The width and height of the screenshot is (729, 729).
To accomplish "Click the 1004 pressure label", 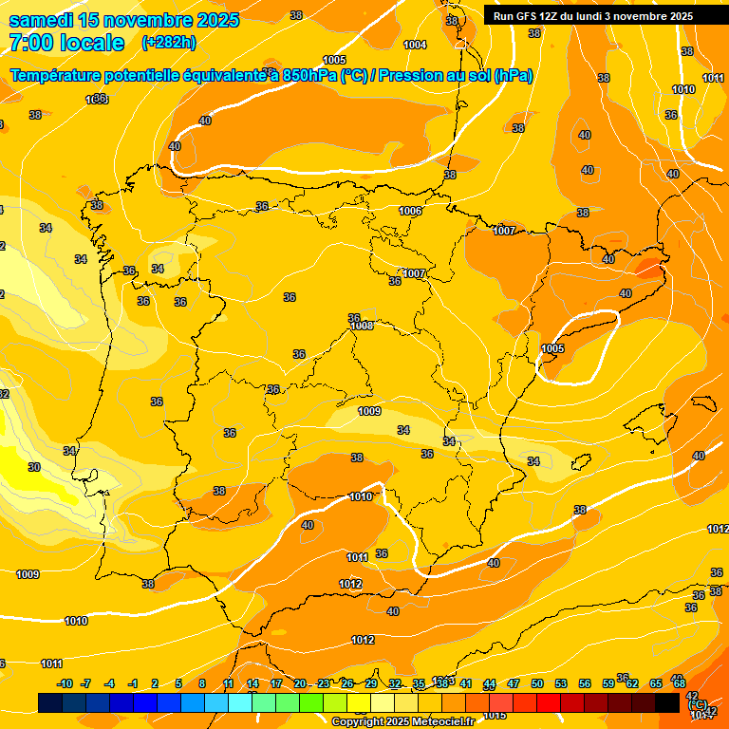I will tap(415, 45).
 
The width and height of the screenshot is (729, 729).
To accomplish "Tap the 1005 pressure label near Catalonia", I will tap(552, 348).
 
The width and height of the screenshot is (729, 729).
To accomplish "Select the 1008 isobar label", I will tap(362, 326).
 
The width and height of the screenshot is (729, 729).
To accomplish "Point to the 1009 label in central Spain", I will tap(369, 411).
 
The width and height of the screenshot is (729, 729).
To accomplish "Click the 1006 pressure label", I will tap(410, 211).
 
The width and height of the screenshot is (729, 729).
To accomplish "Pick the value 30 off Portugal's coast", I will tap(34, 467).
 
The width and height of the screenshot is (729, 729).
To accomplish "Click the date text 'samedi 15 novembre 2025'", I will tap(123, 20).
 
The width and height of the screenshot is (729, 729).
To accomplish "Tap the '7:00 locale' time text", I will tap(66, 43).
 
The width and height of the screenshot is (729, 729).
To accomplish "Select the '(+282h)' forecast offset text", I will tap(168, 43).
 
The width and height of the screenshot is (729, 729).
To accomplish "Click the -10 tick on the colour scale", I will tap(65, 683).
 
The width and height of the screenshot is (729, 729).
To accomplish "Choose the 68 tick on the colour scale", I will tap(680, 683).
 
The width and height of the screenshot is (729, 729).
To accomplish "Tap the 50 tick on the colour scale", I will tap(537, 683).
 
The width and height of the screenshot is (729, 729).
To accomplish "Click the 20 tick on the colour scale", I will tap(300, 683).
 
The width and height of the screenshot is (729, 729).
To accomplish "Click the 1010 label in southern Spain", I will tap(360, 496).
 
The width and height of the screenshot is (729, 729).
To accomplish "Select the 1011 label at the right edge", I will tap(713, 78).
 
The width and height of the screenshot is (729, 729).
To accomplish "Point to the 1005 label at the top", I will tap(334, 60).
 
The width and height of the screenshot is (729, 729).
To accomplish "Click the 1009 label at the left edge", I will tap(28, 574).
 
